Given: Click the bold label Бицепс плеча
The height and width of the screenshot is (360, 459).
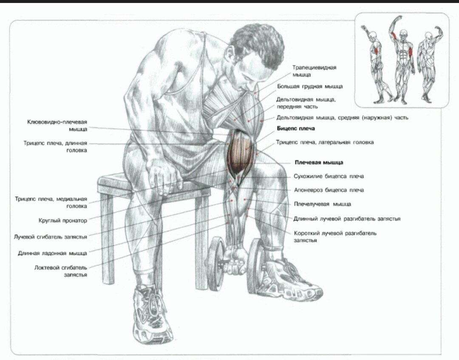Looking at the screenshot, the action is (x=296, y=128).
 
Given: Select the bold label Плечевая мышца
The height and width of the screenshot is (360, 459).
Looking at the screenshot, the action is (x=319, y=162).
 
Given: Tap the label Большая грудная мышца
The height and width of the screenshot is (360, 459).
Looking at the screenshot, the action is (x=310, y=86).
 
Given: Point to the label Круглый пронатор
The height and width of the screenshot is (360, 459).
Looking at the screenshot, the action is (x=62, y=221).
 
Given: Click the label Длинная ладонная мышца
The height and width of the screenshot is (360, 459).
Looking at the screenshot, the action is (x=52, y=253).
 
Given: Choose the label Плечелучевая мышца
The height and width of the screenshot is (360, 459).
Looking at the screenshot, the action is (x=323, y=204).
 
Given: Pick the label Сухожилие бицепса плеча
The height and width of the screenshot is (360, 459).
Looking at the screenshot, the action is (x=329, y=176).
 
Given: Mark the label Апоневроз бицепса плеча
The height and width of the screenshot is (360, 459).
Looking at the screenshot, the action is (x=329, y=190).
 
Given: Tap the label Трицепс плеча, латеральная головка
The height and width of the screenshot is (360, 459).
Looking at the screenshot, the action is (x=325, y=142).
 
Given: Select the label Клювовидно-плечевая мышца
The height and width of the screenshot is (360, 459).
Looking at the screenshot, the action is (x=57, y=125).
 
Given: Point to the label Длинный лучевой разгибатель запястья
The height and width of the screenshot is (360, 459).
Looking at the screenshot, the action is (x=347, y=219).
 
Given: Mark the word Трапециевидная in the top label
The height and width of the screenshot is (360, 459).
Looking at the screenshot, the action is (x=314, y=68).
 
